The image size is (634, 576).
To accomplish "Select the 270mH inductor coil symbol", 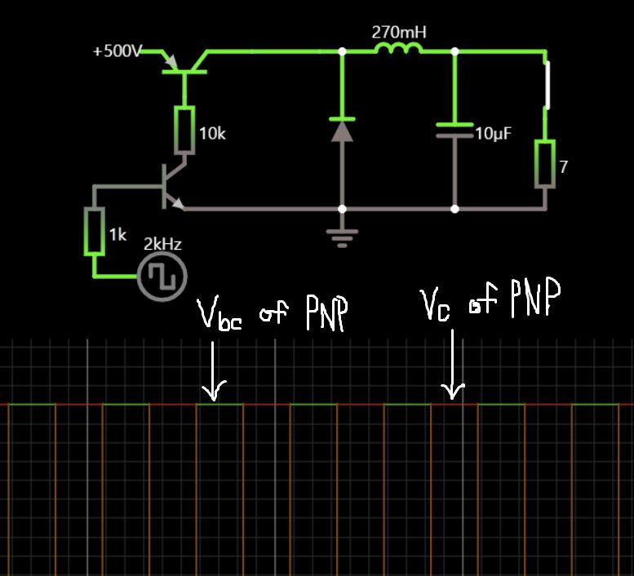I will (x=398, y=51).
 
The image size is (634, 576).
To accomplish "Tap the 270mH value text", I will (x=399, y=33).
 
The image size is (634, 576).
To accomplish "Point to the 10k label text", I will (x=212, y=134).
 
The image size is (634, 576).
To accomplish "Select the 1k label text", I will (x=117, y=235).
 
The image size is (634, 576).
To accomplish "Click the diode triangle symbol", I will (x=342, y=131).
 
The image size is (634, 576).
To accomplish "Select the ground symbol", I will (x=342, y=237).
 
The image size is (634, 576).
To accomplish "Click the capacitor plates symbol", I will (x=454, y=131).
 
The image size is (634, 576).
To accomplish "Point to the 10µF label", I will (x=493, y=134).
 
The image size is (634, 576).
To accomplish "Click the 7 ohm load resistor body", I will (x=544, y=164).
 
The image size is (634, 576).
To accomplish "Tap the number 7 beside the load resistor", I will (x=563, y=167).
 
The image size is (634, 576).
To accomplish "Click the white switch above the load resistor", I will (x=547, y=85).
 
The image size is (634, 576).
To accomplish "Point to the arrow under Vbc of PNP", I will (x=212, y=371).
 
